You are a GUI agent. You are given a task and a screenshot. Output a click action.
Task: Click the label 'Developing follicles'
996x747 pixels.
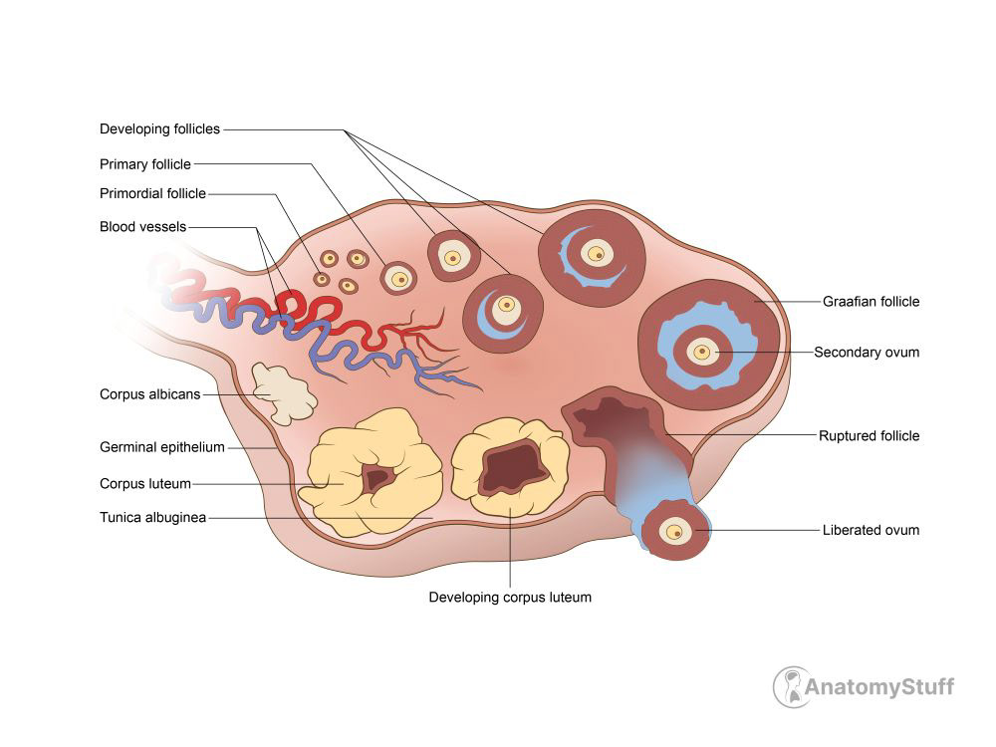(x=159, y=129)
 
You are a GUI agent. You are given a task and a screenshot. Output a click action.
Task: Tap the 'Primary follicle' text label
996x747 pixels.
(x=145, y=164)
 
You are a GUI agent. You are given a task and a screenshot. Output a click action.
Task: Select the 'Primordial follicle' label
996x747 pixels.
(x=152, y=193)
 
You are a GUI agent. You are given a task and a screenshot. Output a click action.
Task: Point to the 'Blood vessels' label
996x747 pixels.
(x=142, y=227)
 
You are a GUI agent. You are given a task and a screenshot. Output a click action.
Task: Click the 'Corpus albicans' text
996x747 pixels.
(x=149, y=394)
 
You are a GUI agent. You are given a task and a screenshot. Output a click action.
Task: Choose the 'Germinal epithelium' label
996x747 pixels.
(x=162, y=447)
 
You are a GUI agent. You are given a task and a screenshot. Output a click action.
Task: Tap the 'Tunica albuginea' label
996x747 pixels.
(x=152, y=518)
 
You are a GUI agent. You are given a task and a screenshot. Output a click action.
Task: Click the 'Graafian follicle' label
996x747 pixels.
(x=871, y=302)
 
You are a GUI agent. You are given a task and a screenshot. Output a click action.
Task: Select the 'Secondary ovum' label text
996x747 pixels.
(x=867, y=353)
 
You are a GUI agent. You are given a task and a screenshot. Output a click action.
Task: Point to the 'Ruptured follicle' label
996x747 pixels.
(x=869, y=435)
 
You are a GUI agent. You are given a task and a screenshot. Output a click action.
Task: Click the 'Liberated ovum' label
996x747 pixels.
(x=871, y=530)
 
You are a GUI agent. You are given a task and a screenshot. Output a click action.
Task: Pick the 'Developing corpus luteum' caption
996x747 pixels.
(x=510, y=598)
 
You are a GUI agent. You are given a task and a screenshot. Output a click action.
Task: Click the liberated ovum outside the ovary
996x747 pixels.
(x=675, y=531)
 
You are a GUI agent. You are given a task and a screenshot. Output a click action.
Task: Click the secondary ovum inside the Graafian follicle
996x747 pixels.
(x=702, y=352)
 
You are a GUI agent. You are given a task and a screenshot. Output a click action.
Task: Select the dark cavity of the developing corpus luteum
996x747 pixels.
(x=510, y=468)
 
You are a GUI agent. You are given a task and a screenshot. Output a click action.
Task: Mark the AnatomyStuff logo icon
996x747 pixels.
(x=792, y=686)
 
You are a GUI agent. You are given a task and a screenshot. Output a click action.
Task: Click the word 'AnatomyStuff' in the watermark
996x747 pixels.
(x=880, y=686)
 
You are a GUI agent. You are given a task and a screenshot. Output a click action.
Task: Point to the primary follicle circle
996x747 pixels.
(x=399, y=278)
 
